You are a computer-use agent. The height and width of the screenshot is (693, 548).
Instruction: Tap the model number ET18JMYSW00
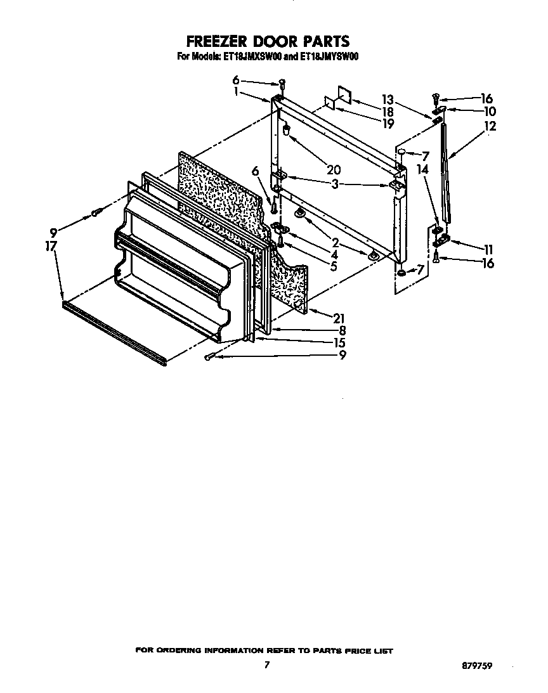(x=327, y=56)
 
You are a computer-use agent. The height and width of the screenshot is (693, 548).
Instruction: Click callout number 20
(x=334, y=169)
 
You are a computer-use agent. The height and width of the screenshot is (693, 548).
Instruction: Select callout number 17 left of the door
(x=51, y=245)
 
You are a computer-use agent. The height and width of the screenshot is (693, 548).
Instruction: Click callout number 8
(x=342, y=330)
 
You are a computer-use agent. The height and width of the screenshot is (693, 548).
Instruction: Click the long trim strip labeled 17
(x=114, y=332)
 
